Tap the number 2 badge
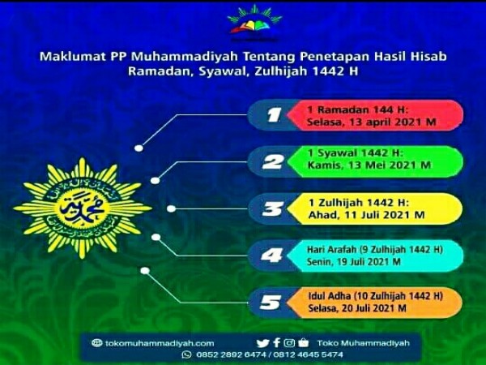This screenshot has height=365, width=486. [274, 162]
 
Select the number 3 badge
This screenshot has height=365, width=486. [274, 209]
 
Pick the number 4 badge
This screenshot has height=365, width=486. [274, 255]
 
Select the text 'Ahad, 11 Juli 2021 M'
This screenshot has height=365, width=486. [356, 215]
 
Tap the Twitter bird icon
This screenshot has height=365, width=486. [262, 343]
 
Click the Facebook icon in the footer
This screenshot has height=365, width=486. [276, 343]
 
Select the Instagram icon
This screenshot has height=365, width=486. [289, 343]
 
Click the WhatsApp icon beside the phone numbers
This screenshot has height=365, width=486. [185, 354]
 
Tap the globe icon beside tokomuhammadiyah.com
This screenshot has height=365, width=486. [97, 343]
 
